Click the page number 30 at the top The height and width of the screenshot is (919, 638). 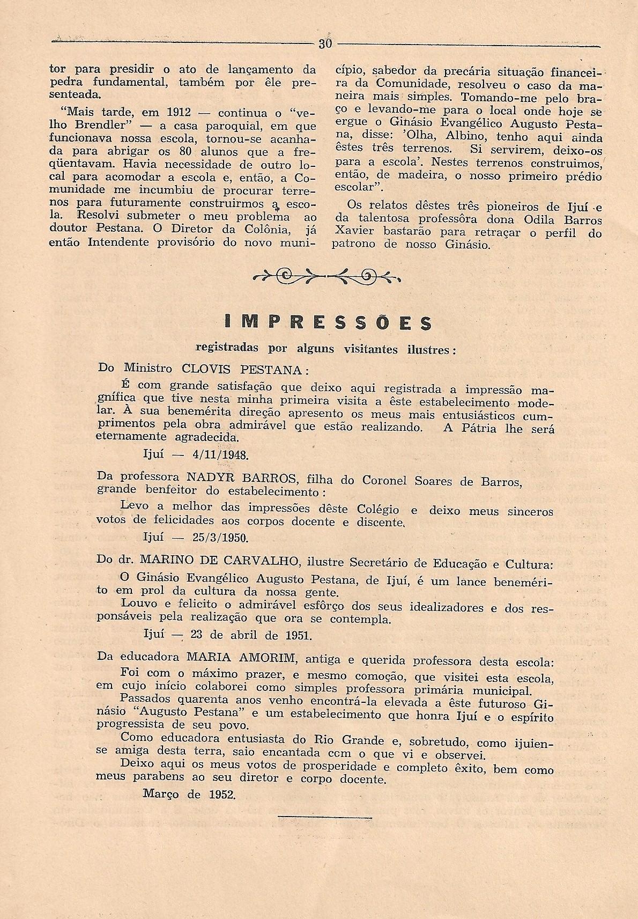tap(325, 44)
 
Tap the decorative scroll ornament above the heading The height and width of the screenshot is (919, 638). tap(326, 276)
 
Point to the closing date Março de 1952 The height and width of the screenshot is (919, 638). tap(189, 793)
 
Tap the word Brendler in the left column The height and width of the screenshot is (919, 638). tap(102, 126)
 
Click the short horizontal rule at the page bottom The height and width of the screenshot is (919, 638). tap(325, 832)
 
